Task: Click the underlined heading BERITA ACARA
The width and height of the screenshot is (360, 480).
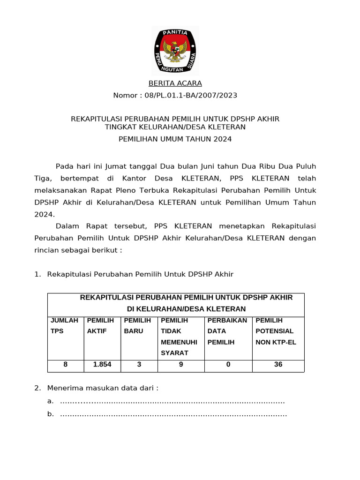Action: click(x=175, y=83)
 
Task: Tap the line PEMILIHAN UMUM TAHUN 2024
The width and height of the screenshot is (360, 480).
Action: click(x=175, y=139)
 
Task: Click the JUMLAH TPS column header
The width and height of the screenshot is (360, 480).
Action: click(x=65, y=326)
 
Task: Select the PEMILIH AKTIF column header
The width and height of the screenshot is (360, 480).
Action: click(x=101, y=326)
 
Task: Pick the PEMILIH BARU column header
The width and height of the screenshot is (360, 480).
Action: click(x=137, y=326)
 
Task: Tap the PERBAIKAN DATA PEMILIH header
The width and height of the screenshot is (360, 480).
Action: click(x=227, y=331)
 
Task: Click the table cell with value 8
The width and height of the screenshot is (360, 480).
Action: click(x=66, y=364)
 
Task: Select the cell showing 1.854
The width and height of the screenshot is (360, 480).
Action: click(x=102, y=364)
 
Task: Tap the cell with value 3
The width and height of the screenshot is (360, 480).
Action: click(x=139, y=364)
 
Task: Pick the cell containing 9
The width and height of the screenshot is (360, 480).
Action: click(x=181, y=364)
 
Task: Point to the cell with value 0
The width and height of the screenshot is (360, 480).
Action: click(x=228, y=364)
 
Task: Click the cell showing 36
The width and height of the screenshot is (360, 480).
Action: click(x=278, y=364)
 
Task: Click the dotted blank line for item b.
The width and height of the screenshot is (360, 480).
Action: click(x=173, y=414)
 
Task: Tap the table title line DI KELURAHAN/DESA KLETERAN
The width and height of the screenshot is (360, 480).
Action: click(x=187, y=309)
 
